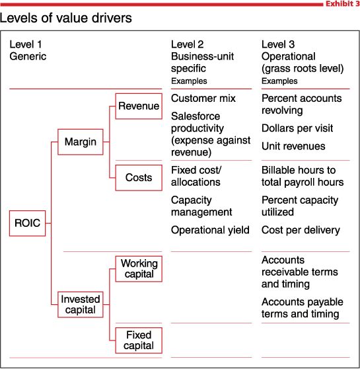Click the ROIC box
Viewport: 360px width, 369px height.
tap(27, 224)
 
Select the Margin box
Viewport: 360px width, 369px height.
tap(80, 142)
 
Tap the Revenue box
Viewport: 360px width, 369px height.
tap(138, 106)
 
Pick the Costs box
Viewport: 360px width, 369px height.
tap(138, 177)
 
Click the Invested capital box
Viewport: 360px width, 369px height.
tap(80, 304)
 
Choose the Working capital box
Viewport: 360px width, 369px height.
tap(139, 269)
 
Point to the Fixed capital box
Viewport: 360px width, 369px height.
tap(139, 340)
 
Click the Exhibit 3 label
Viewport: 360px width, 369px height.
tap(342, 4)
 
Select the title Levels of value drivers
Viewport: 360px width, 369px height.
tap(66, 18)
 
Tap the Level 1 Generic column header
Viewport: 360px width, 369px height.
tap(28, 50)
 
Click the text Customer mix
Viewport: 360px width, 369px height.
tap(203, 99)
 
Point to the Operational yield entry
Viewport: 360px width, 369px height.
tap(210, 230)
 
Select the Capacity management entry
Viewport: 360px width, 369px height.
tap(201, 206)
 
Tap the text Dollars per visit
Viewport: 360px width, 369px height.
tap(297, 128)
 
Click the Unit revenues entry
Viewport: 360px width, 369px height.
tap(293, 146)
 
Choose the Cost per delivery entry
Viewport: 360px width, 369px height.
tap(301, 230)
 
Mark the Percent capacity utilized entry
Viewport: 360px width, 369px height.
tap(300, 206)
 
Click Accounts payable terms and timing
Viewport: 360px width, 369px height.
tap(300, 307)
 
